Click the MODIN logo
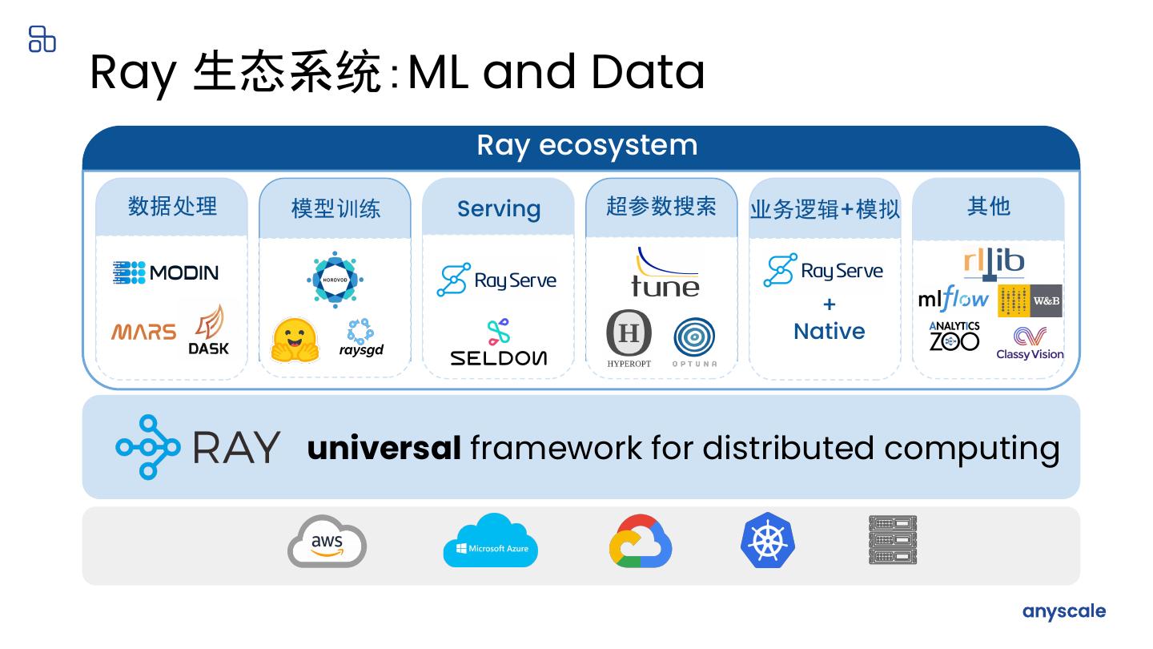165,272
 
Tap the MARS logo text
143,332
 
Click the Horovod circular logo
335,280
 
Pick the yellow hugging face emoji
295,340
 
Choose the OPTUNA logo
693,340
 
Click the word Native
829,331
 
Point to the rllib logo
994,264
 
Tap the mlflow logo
953,300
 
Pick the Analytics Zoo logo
954,337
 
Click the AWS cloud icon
327,542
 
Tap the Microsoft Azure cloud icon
491,541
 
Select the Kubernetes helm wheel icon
767,541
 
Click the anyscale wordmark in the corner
1063,611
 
